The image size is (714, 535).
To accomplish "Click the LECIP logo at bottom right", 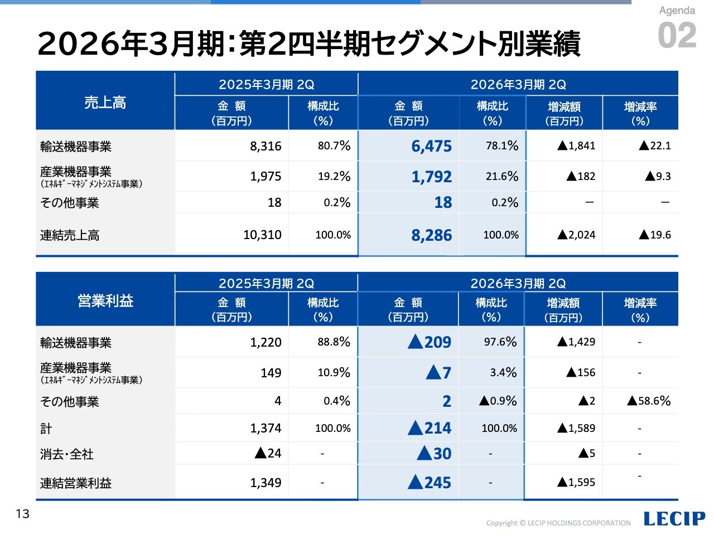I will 674,518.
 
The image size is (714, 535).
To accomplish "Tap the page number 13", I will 22,513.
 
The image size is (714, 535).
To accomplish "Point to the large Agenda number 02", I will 677,36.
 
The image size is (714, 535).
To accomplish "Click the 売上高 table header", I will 105,103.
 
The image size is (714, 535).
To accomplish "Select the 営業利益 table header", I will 105,301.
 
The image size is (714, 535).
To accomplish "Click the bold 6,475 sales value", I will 431,146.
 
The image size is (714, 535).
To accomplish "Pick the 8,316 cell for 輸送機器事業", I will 266,146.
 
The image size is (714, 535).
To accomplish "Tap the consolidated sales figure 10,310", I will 262,235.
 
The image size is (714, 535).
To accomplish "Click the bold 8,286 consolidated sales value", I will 431,235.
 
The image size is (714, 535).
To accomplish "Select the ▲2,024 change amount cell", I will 576,235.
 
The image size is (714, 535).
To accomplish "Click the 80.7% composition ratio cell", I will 334,146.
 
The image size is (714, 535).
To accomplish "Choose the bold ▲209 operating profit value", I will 430,342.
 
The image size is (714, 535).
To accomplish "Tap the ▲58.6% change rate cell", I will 649,401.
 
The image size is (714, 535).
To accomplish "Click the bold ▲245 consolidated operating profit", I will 430,483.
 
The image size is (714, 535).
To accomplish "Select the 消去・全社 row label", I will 66,454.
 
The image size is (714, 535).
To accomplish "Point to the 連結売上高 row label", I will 70,235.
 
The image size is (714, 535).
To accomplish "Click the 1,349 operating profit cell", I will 266,483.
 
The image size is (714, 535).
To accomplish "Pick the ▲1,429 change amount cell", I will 576,342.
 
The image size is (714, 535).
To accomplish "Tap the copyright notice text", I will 558,523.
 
